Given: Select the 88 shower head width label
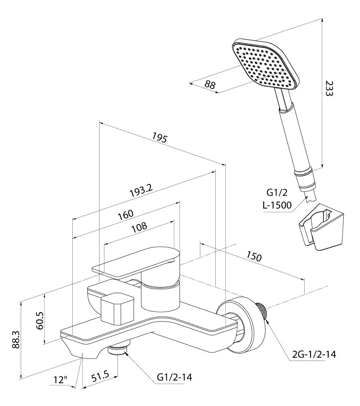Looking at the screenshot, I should [x=210, y=85].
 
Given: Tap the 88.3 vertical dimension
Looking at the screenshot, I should [x=15, y=338].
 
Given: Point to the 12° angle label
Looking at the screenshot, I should [x=60, y=380].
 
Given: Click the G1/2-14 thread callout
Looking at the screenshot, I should [x=174, y=378].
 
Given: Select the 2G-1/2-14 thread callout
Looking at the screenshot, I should [x=314, y=354].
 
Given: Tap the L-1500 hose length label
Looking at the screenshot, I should [x=277, y=205].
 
